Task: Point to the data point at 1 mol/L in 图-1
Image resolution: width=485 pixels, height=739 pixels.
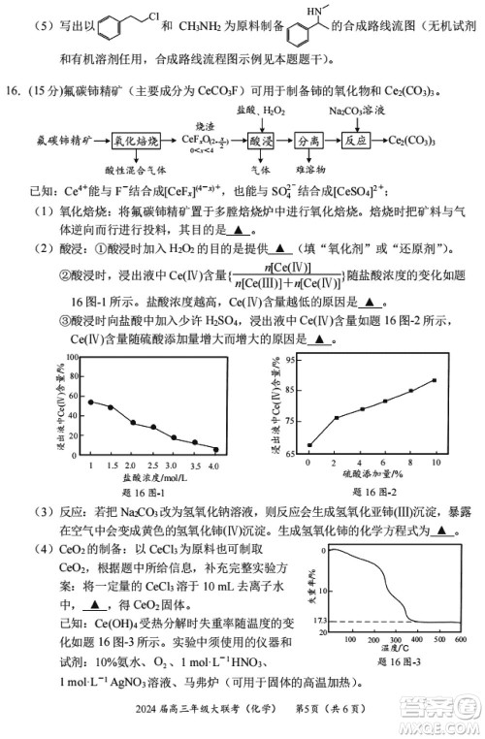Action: pyautogui.click(x=90, y=402)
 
